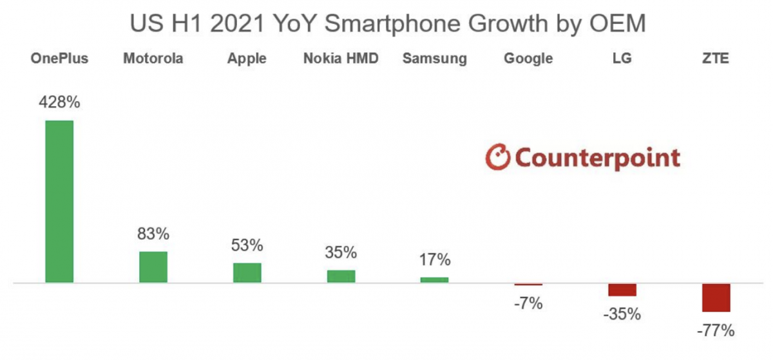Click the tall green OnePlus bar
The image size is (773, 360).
pos(59,202)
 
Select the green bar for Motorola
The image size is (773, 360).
pos(153,267)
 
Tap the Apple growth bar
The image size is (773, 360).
pos(247,272)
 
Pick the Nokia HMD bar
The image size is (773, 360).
pos(341,276)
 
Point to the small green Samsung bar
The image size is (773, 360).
pos(435,279)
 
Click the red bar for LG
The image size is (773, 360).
pos(622,290)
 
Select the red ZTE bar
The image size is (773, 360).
pos(716,298)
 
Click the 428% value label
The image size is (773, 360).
pos(59,102)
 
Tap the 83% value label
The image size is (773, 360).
pos(153,234)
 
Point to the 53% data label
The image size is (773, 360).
pos(247,245)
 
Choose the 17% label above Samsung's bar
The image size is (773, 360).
pos(435,260)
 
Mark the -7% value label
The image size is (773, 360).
pos(528,302)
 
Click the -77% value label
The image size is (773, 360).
pos(716,331)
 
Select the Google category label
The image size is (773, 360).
pos(528,59)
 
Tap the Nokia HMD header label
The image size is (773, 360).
pos(341,59)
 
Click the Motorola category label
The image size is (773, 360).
pos(153,59)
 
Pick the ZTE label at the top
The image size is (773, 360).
pos(716,59)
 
